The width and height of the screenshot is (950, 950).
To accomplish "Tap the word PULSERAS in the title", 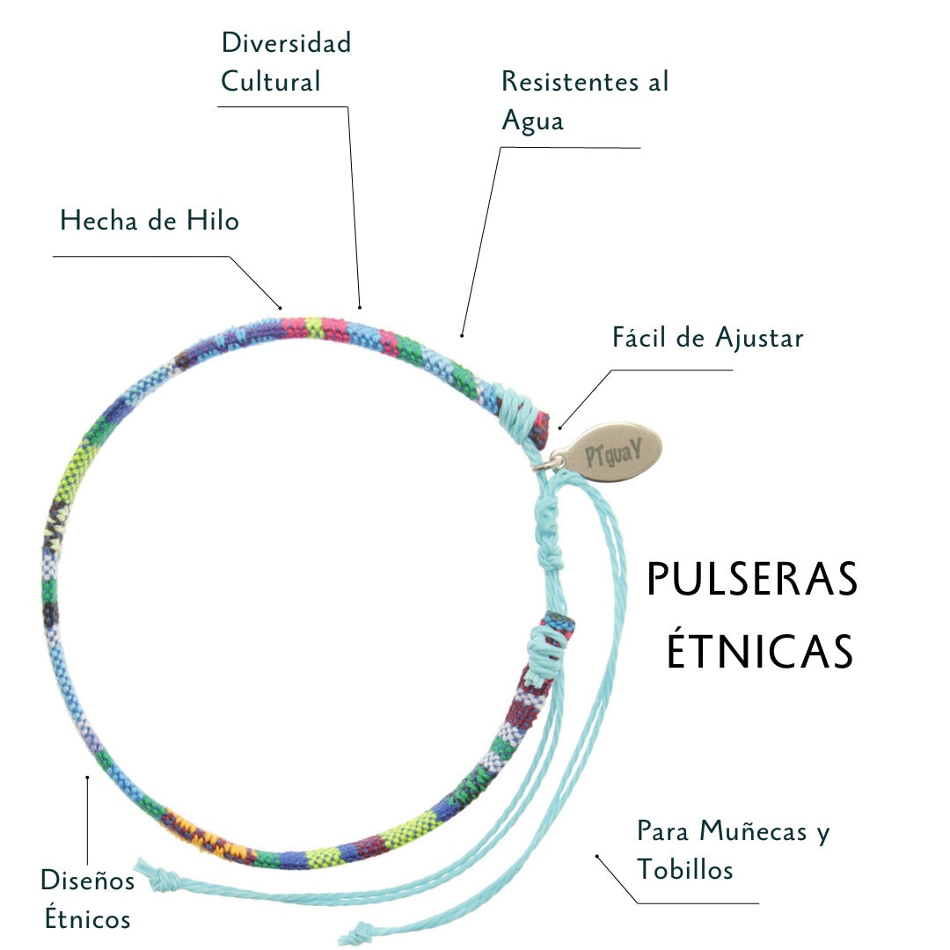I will click(752, 581).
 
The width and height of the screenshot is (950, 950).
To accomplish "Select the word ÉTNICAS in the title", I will click(759, 651).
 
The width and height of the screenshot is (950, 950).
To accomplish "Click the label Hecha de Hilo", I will click(150, 220).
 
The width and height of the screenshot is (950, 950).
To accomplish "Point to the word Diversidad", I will click(286, 42).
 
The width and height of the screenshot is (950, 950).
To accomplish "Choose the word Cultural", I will click(271, 82).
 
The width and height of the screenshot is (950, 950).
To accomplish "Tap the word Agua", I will click(532, 121).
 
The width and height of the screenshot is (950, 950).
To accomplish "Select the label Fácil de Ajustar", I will click(707, 337).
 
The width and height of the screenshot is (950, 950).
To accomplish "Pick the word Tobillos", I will click(685, 870).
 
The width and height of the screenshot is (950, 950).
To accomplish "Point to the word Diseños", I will click(88, 880).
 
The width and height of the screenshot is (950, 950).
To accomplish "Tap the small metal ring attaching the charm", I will click(556, 460).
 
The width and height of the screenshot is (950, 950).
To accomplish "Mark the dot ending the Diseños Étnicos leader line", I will click(86, 777).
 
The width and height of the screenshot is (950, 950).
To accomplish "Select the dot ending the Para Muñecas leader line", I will click(596, 855).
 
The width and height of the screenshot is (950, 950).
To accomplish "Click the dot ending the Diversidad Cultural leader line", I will click(361, 307).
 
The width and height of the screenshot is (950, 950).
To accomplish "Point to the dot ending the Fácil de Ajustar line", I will click(559, 428).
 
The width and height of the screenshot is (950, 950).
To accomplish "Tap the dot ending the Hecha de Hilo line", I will click(281, 307).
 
